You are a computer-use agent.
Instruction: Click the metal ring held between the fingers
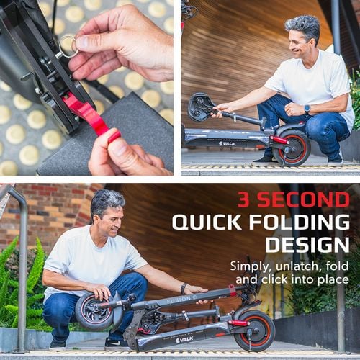[69, 47]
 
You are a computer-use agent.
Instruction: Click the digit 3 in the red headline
[248, 200]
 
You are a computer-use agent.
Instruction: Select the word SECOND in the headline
[307, 200]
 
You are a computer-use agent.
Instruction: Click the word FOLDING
[297, 222]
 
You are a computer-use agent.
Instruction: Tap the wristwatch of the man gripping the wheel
[183, 288]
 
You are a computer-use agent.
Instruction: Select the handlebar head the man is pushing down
[200, 107]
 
